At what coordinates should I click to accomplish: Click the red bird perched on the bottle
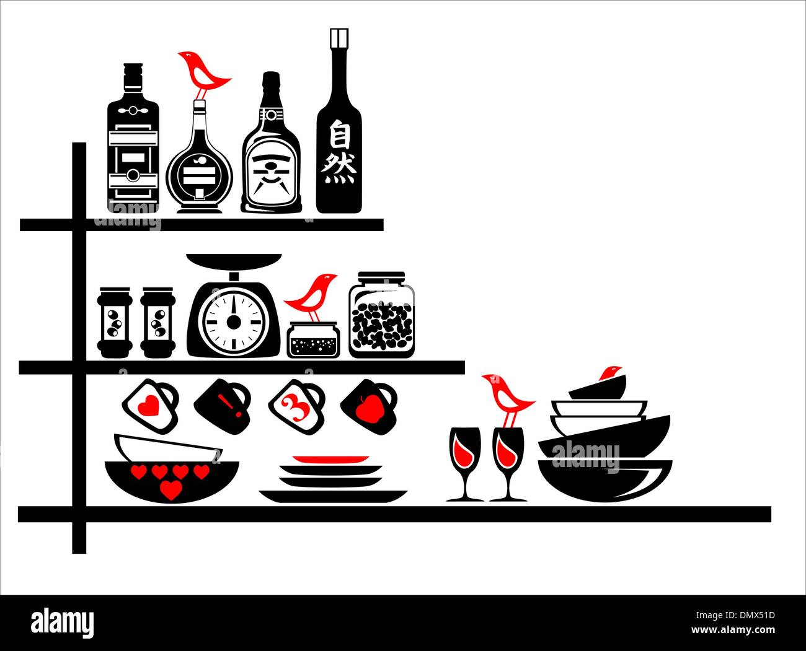coord(203,74)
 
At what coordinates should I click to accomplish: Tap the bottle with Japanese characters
coord(339,121)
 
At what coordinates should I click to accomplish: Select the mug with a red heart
coord(150,406)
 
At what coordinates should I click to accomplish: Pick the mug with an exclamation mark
coord(223,406)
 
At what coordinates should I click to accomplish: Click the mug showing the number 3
coord(296,406)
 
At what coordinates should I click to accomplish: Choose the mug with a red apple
coord(369,406)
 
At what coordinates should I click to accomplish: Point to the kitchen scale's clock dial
coord(234,322)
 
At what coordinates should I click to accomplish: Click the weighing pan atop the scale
coord(234,261)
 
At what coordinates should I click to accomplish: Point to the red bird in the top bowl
coord(610,372)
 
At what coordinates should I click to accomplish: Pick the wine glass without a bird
coord(465,464)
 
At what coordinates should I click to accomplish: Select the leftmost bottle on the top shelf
coord(133,138)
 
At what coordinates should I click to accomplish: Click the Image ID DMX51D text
coord(735,615)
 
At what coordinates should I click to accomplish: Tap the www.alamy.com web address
coord(733,630)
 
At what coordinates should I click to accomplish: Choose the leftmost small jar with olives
coord(115,322)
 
